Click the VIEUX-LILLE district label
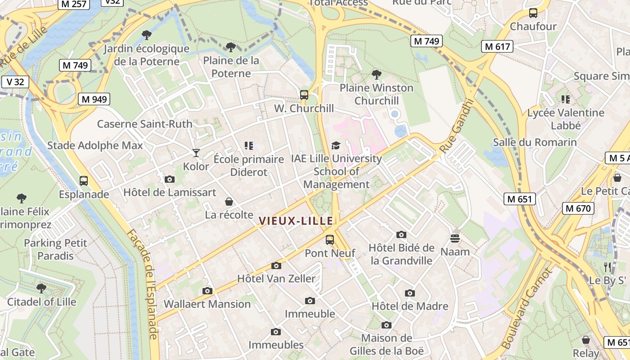(296, 220)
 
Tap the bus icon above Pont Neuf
(330, 239)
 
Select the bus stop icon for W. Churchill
(304, 94)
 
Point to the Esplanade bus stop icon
(84, 181)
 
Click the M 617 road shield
(497, 46)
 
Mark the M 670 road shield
(578, 208)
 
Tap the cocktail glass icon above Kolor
(196, 153)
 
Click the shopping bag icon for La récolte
(229, 201)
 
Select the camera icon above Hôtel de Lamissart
(170, 179)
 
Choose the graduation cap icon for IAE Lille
(336, 145)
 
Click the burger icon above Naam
(455, 238)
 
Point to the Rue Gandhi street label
(457, 126)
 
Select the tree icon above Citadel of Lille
(41, 288)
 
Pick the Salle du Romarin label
(535, 143)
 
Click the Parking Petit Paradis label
(55, 249)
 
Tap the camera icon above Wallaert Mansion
(207, 291)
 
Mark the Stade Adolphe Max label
(95, 145)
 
